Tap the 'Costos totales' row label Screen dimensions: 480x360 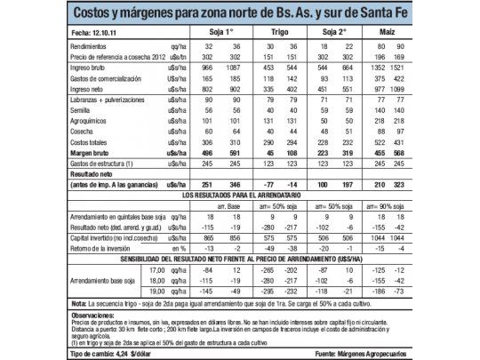[x=89, y=142]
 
